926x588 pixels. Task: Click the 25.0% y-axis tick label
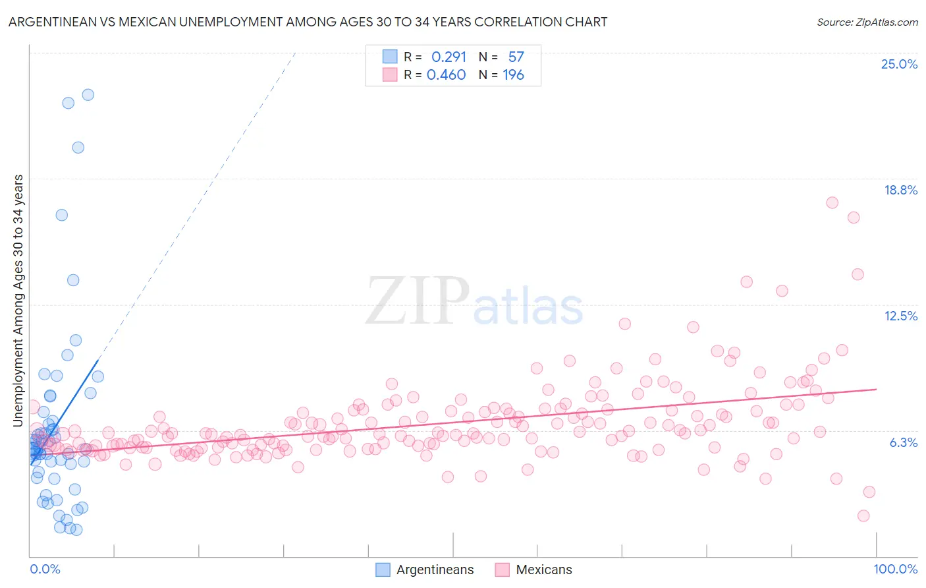click(x=899, y=64)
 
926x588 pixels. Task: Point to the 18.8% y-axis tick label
click(x=900, y=190)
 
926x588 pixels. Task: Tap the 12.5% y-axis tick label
click(x=900, y=316)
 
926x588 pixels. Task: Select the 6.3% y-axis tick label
click(x=903, y=442)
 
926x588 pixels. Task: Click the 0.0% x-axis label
click(x=45, y=569)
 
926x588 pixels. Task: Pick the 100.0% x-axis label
click(x=895, y=569)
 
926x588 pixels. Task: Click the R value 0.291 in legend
click(x=449, y=57)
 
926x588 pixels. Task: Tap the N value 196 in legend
click(x=513, y=75)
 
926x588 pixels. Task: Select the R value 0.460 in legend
click(x=446, y=75)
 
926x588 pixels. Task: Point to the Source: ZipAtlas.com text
click(x=867, y=22)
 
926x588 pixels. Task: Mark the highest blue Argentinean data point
click(x=88, y=95)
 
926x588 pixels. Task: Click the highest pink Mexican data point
click(x=832, y=202)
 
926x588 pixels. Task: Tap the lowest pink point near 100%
click(x=863, y=515)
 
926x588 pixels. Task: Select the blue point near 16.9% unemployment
click(x=61, y=215)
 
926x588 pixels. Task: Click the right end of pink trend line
click(x=876, y=389)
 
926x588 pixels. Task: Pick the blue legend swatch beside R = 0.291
click(x=390, y=57)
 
